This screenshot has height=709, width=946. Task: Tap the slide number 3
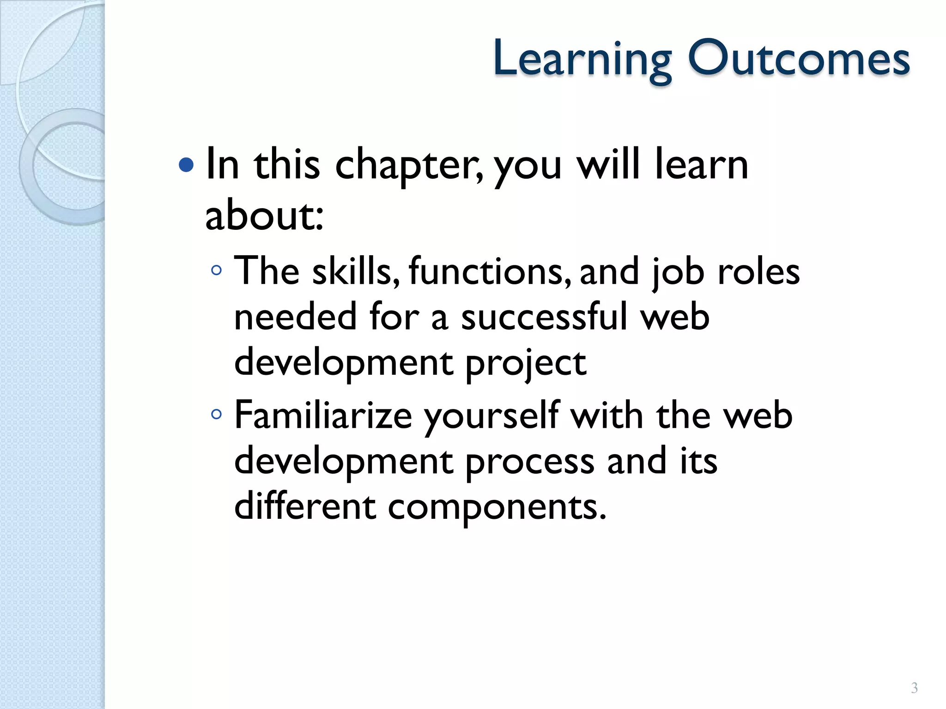point(914,688)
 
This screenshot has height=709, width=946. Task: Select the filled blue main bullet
point(186,165)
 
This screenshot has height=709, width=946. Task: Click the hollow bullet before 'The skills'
point(216,270)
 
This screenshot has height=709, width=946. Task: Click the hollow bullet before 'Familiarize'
point(216,415)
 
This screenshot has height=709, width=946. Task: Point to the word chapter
point(408,166)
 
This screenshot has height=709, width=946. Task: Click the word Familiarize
point(323,415)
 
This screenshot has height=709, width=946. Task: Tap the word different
point(305,506)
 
